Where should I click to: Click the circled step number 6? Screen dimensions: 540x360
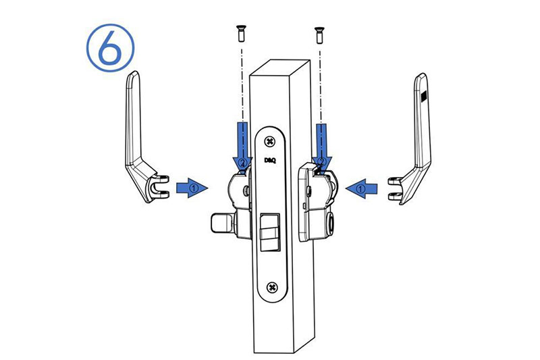110,48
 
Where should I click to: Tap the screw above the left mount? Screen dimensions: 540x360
241,33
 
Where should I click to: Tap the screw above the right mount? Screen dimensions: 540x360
319,35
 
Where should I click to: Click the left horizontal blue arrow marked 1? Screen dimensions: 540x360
192,188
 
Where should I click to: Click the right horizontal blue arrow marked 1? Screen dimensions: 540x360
362,189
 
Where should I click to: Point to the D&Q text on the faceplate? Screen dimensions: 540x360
270,160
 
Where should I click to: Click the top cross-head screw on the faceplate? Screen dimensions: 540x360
270,141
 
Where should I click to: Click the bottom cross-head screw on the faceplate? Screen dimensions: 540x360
273,286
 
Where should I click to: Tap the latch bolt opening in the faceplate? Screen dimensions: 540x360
269,232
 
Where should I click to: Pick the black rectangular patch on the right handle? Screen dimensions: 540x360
424,96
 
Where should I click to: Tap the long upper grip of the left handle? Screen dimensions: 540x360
133,117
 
